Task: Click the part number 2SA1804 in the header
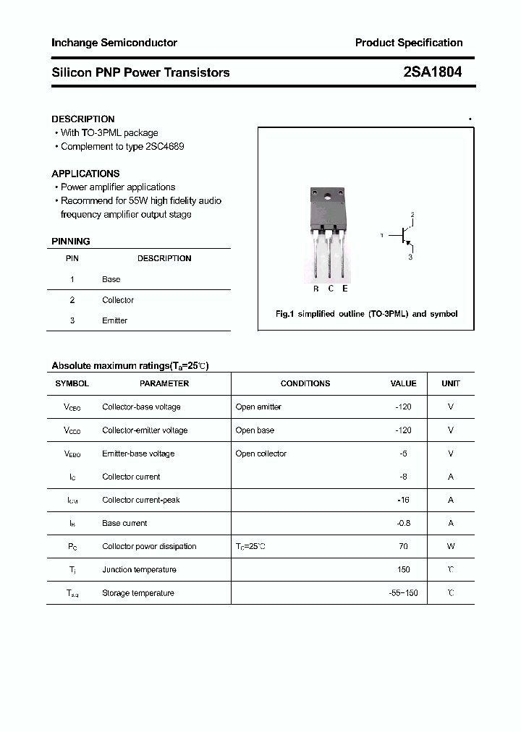coord(433,72)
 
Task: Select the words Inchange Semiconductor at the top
coord(114,43)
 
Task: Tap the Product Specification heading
coord(408,43)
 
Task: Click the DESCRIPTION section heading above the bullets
coord(83,119)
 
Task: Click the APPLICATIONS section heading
coord(85,174)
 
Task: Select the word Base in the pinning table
coord(111,279)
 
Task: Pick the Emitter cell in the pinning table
coord(115,320)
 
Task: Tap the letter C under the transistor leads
coord(331,289)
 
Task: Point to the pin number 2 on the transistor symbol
coord(412,215)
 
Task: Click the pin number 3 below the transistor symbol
coord(410,257)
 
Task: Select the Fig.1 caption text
coord(367,314)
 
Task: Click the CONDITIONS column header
coord(305,383)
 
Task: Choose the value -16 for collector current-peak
coord(404,500)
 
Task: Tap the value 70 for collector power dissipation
coord(404,546)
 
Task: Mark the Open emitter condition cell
coord(258,407)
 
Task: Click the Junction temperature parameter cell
coord(139,569)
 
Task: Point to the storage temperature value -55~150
coord(403,593)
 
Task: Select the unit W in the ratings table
coord(451,546)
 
